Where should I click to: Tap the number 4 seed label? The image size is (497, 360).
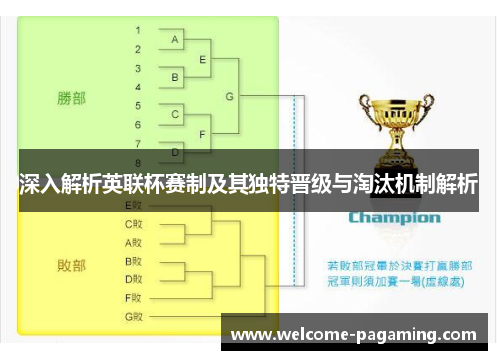coord(137,86)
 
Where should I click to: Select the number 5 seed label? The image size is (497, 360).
coord(137,104)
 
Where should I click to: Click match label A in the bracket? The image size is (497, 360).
coord(176,40)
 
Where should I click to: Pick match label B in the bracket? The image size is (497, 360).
coord(176,77)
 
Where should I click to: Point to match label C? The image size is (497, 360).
coord(176,114)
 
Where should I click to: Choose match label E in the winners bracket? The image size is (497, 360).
coord(203,59)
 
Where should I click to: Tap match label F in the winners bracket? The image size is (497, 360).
coord(203,133)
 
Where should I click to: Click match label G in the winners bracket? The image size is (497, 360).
coord(230,96)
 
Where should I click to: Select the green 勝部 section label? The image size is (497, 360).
coord(71,98)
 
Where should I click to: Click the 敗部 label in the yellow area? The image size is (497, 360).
coord(71,266)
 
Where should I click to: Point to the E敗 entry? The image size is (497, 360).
coord(134,206)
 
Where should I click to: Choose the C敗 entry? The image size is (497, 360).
coord(134,224)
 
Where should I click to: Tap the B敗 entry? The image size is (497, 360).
coord(134,261)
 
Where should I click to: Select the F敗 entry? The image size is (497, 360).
coord(134,297)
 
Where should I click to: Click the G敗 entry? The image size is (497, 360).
coord(134,316)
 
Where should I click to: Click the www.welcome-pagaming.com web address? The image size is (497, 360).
coord(354,335)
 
